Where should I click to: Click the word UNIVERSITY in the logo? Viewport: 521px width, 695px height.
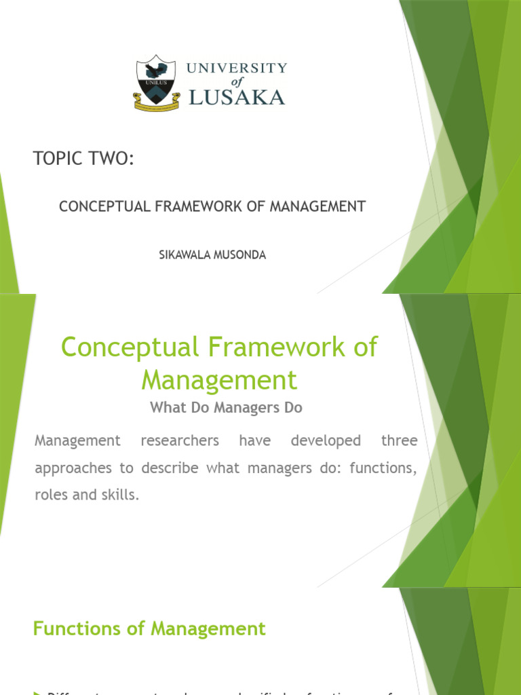pos(237,69)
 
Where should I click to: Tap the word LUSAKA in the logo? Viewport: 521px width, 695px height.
pos(237,97)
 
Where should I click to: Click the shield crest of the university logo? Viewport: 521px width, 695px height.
pos(156,76)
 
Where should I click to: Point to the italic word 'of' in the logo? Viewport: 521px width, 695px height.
pos(237,82)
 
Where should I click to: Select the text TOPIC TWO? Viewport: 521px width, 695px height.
pos(83,159)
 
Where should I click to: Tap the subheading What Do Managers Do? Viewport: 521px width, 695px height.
pos(225,408)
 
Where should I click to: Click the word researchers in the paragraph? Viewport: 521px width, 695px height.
pos(180,441)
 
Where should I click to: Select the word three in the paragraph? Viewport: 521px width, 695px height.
pos(400,441)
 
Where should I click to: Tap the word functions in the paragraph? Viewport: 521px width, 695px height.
pos(385,468)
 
